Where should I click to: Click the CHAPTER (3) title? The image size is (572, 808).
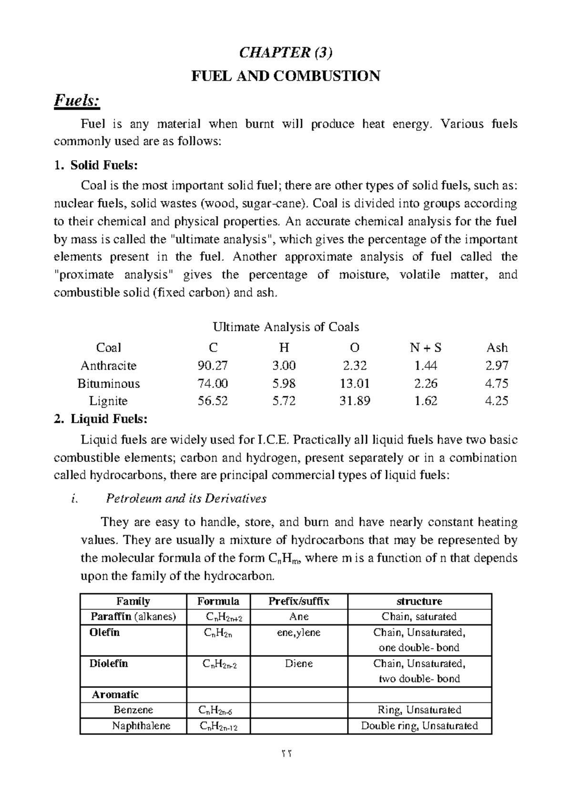click(285, 53)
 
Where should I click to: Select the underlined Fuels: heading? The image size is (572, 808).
click(77, 101)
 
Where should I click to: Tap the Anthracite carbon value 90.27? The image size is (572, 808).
click(213, 366)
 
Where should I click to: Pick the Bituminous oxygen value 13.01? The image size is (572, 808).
click(355, 384)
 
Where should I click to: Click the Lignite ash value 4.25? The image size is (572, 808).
click(497, 401)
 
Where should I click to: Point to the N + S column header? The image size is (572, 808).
click(426, 348)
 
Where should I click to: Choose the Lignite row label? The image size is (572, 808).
click(109, 401)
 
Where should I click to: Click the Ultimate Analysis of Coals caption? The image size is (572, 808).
click(286, 327)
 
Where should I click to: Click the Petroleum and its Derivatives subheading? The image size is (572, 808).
click(186, 499)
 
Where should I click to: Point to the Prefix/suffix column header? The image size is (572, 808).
click(299, 601)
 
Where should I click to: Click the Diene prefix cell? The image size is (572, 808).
click(299, 664)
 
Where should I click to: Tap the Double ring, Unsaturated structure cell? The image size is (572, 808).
click(419, 726)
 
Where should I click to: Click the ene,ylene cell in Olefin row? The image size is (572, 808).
click(299, 633)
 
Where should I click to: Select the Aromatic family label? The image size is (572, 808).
click(115, 695)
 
